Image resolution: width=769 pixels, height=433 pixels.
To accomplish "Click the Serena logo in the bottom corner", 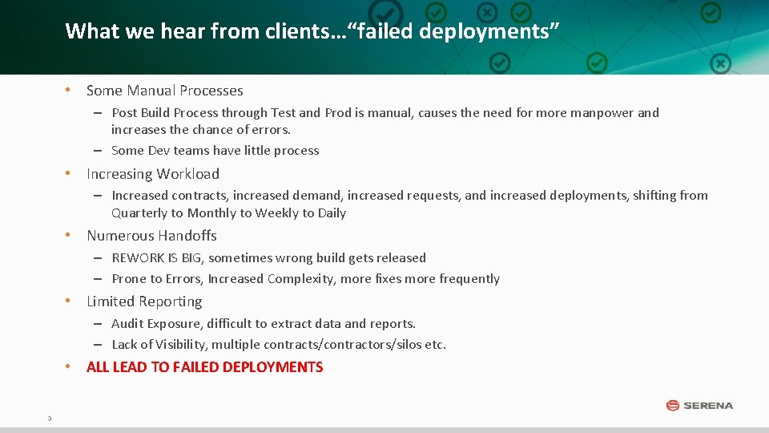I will point(699,405).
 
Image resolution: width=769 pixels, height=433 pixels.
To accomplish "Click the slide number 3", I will point(50,418).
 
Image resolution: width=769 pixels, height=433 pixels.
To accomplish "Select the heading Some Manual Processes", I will point(164,91).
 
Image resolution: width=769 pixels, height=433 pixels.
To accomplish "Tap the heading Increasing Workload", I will point(152,174).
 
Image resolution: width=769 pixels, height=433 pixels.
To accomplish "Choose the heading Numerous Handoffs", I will point(151,236).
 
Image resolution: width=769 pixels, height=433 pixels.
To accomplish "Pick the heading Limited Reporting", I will point(144,301).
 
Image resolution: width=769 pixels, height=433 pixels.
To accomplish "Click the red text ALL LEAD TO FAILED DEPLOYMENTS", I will point(204,367).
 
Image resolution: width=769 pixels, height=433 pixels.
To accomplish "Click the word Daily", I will point(332,213).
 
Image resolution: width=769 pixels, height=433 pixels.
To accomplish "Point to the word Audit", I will point(127,324).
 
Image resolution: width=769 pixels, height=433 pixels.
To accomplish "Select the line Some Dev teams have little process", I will point(215,151).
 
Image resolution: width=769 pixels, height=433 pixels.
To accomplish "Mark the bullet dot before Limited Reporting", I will point(70,301).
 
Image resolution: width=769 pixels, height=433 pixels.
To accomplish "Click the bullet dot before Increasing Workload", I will point(70,174).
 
